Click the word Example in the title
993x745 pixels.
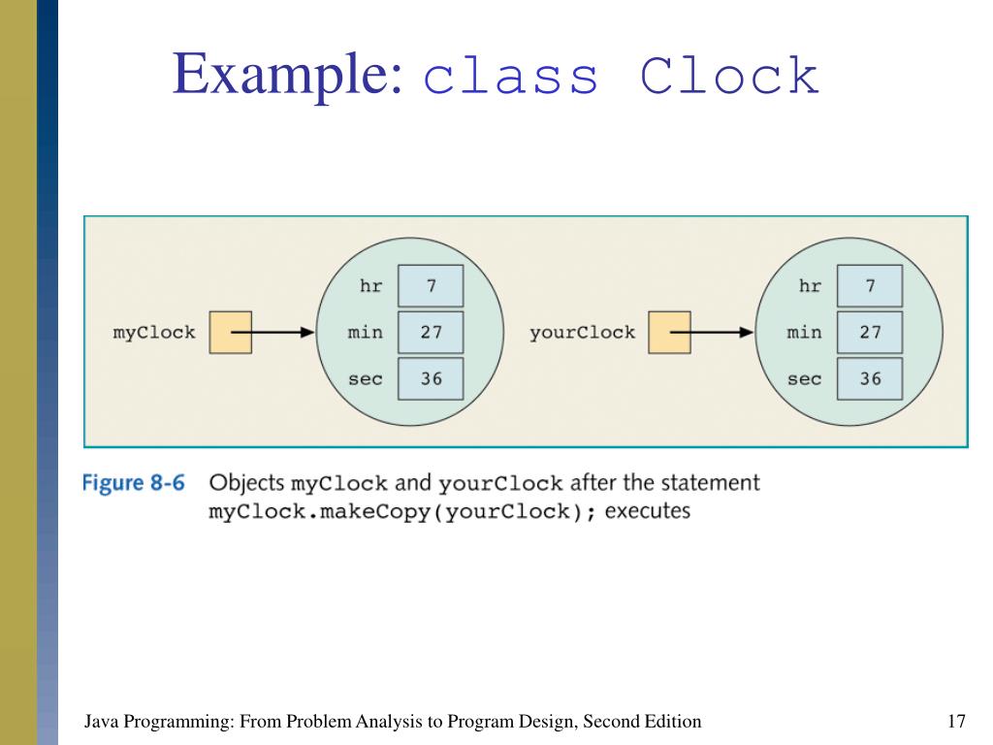pos(287,77)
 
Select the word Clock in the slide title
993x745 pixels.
pos(730,79)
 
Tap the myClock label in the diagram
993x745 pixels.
pos(154,333)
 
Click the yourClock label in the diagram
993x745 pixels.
pos(583,333)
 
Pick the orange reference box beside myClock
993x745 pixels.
pos(231,332)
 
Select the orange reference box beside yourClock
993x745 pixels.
pos(669,332)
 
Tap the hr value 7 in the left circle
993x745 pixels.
pos(431,286)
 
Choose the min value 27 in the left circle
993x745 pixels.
pos(431,333)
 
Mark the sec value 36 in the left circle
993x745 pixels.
pos(431,378)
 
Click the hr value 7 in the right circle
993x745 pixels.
pos(870,286)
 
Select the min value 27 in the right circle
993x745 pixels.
pos(870,333)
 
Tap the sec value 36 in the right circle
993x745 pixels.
pos(870,378)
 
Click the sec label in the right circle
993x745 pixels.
pos(804,378)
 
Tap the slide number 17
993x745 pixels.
pos(956,721)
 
